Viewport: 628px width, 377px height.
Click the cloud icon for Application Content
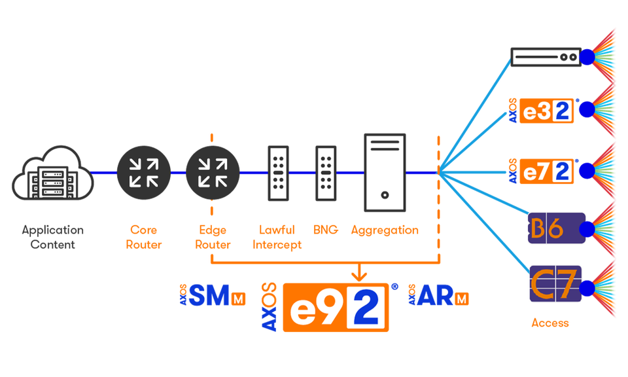tap(52, 175)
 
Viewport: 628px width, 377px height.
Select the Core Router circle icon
tap(143, 173)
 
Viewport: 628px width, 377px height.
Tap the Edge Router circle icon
tap(211, 173)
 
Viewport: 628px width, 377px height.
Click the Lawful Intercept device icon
tap(279, 173)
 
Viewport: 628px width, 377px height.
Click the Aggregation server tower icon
tap(385, 173)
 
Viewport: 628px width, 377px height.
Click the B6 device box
tap(555, 228)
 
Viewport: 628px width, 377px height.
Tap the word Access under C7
tap(549, 323)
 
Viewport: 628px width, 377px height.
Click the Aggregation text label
tap(385, 230)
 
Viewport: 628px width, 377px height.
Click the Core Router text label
tap(143, 237)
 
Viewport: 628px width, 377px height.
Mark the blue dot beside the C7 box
tap(587, 287)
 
